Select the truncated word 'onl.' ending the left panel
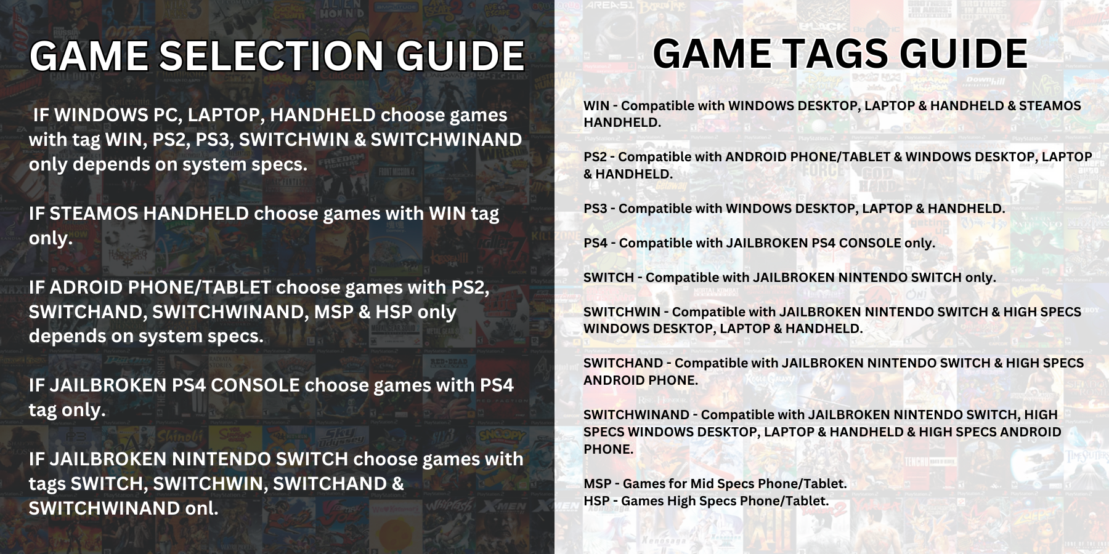point(202,508)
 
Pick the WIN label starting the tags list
point(596,106)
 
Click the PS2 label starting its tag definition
point(596,157)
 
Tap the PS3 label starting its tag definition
point(596,209)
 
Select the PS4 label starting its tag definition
point(596,243)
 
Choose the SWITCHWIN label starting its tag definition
point(622,312)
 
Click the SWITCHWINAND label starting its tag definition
point(636,415)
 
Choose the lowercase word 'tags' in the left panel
point(47,484)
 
